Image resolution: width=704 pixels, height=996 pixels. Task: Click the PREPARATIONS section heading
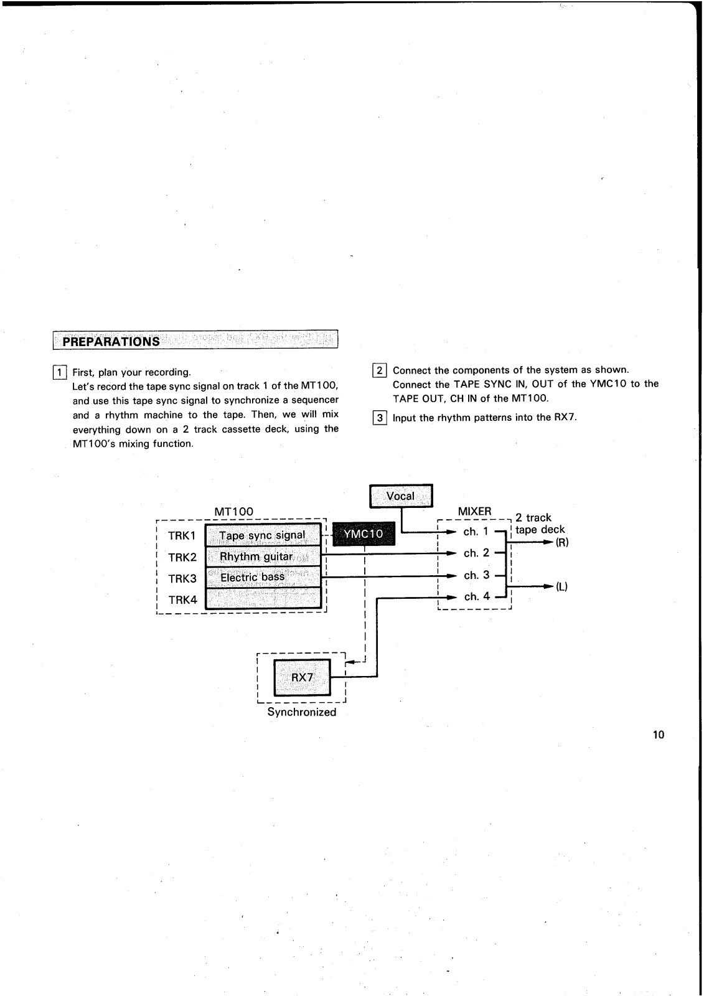click(112, 341)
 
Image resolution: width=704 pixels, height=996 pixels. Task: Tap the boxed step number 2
click(379, 370)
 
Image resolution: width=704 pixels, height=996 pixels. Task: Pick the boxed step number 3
click(379, 417)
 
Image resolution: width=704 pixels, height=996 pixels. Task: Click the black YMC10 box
click(364, 533)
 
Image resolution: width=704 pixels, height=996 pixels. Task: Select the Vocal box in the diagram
click(401, 496)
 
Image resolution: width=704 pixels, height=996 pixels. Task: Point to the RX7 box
click(302, 677)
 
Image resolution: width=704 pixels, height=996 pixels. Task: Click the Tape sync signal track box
click(262, 535)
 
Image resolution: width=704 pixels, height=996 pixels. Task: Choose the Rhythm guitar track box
click(262, 556)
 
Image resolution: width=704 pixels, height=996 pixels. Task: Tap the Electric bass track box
click(262, 577)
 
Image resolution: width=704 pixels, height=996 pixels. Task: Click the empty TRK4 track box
click(262, 598)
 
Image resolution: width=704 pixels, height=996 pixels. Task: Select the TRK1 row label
click(182, 536)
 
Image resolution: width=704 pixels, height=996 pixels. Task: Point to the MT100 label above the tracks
click(233, 511)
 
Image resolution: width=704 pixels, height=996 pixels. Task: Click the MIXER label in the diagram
click(474, 511)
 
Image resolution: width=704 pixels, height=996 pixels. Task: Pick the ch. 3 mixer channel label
click(477, 575)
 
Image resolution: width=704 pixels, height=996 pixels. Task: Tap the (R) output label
click(561, 542)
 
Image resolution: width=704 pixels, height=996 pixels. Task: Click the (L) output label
click(561, 586)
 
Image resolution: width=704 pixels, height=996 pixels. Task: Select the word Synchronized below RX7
click(302, 712)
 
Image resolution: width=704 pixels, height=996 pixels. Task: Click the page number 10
click(659, 735)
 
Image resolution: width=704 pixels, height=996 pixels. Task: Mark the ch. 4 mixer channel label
click(477, 596)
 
